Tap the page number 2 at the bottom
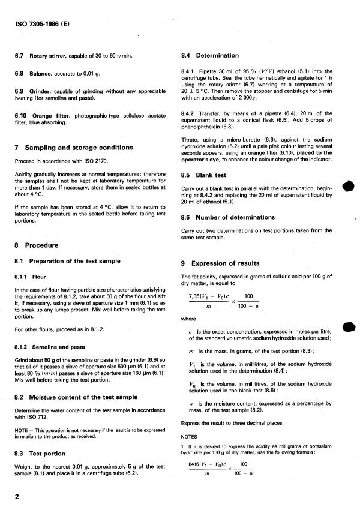(x=17, y=496)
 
